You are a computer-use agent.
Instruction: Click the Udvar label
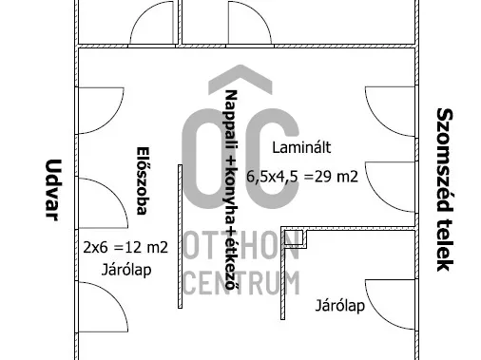tap(52, 190)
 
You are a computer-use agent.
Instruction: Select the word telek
tap(445, 245)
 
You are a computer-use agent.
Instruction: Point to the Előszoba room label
tap(142, 180)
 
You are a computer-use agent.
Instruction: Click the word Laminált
tap(301, 148)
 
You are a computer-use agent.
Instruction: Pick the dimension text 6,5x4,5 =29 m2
tap(302, 177)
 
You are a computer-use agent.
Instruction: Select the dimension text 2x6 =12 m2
tap(125, 247)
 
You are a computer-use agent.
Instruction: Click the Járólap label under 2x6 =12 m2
tap(126, 270)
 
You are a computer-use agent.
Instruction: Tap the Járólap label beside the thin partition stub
tap(340, 306)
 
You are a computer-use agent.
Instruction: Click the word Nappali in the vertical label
tap(231, 122)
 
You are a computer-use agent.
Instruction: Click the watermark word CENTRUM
tap(241, 283)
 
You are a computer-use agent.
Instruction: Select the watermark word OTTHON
tap(241, 245)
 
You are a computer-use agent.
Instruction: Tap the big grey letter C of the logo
tap(274, 159)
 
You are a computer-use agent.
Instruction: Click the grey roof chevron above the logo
tap(240, 76)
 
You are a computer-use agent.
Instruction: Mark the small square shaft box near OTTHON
tap(294, 238)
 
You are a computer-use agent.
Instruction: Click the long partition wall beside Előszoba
tap(180, 237)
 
